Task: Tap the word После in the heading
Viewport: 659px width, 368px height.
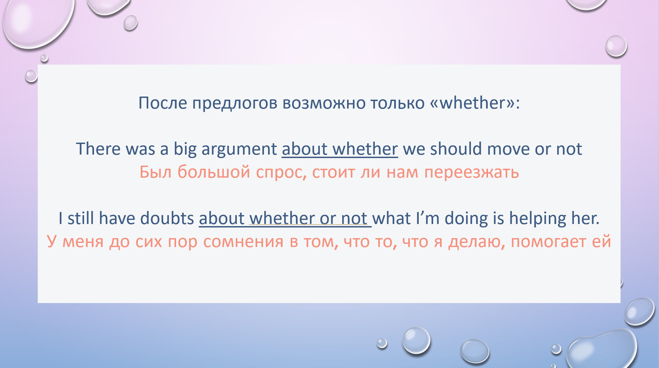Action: click(163, 103)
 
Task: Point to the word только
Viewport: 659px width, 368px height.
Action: click(397, 103)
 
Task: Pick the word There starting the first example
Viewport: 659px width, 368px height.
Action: click(98, 149)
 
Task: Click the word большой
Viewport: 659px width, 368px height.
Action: click(213, 172)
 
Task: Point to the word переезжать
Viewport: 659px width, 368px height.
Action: click(472, 172)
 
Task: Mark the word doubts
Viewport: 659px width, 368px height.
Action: click(167, 218)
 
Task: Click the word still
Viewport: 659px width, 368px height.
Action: click(81, 218)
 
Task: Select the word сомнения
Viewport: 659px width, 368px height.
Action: click(243, 242)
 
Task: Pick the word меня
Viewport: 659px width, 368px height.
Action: click(83, 242)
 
